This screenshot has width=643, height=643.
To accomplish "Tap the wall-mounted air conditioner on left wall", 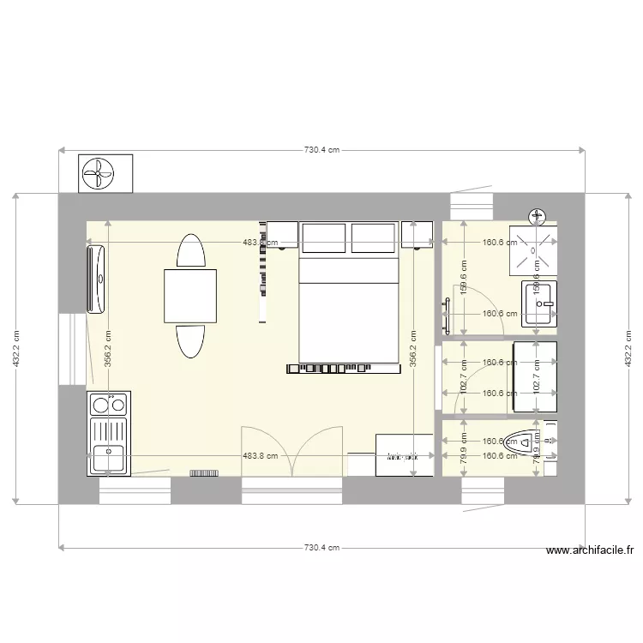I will coord(96,278).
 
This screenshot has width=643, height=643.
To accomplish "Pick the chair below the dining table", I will coord(190,340).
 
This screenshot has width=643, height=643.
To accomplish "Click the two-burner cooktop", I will coord(108,403).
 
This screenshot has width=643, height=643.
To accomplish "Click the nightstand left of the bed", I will coord(282,235).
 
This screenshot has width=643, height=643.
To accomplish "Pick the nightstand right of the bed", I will coord(418,235).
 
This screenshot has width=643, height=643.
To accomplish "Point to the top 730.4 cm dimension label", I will coord(322,150).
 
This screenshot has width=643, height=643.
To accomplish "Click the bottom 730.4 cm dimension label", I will coord(322,547).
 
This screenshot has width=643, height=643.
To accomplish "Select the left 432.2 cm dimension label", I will coord(16,350).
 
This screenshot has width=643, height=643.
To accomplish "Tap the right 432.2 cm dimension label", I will coord(628,350).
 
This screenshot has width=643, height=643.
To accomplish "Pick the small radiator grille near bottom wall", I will coord(204,472).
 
